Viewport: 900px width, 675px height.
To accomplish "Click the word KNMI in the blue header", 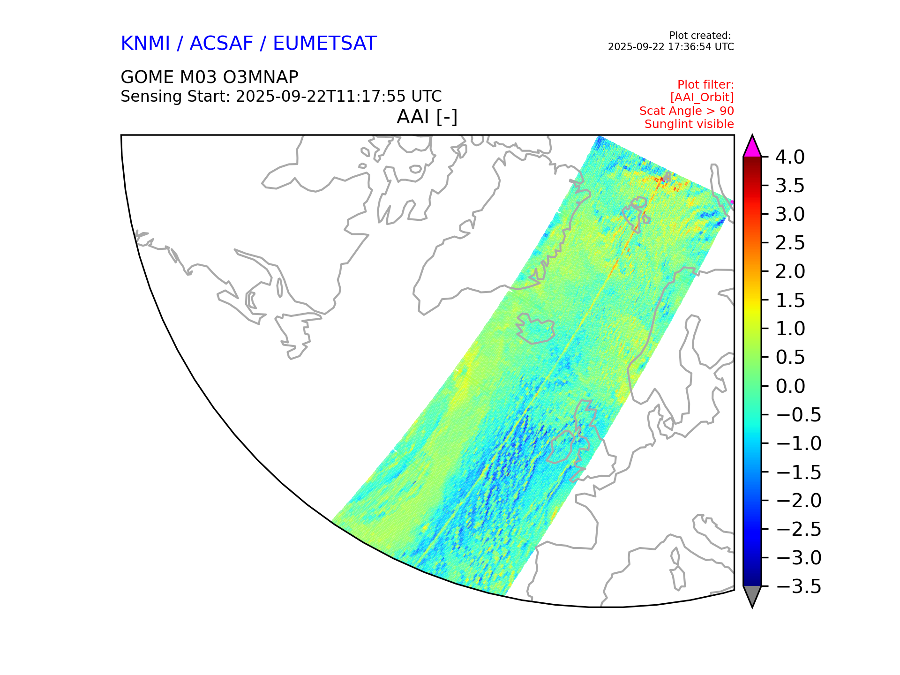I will tap(145, 44).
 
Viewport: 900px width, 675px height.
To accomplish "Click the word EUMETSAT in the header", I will tap(324, 44).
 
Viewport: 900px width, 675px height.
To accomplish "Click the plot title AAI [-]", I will tap(427, 117).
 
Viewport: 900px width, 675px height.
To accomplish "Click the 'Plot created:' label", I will tap(699, 36).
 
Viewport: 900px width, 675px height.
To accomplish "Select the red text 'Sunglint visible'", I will tap(689, 124).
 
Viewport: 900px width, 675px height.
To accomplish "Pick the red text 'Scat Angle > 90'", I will tap(686, 111).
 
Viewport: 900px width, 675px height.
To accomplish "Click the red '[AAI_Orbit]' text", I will tap(702, 97).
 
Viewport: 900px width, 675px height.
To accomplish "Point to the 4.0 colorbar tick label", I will tap(790, 157).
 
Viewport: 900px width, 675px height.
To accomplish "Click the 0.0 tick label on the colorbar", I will tap(790, 386).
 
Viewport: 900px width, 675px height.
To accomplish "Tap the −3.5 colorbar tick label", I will tap(798, 586).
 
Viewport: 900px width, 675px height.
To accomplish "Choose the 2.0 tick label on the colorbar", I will tap(790, 271).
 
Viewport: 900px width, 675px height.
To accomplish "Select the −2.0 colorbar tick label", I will tap(798, 501).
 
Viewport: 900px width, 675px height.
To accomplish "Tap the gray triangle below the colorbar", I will tap(752, 595).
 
